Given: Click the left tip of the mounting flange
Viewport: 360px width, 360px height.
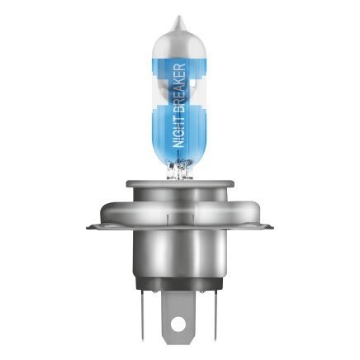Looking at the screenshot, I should click(87, 222).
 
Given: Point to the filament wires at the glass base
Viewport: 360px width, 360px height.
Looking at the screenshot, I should click(179, 172).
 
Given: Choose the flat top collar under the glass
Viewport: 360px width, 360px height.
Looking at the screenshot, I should click(179, 188).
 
